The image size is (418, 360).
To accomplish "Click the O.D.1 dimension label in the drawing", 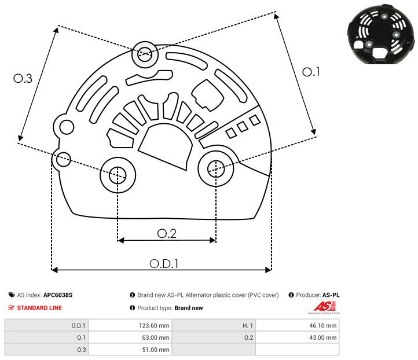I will [x=164, y=263].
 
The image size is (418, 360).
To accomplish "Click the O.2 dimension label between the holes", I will [x=167, y=233].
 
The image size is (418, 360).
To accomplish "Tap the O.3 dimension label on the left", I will [x=23, y=79].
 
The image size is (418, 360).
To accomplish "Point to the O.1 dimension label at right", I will [x=311, y=72].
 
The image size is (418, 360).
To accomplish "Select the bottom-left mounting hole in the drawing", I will [x=118, y=173].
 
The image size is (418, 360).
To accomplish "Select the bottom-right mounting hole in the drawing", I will [x=215, y=168].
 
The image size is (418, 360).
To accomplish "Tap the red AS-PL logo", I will [x=322, y=307].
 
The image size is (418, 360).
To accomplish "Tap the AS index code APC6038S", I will [x=58, y=295].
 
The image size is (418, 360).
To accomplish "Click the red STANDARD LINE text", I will [x=39, y=308].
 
